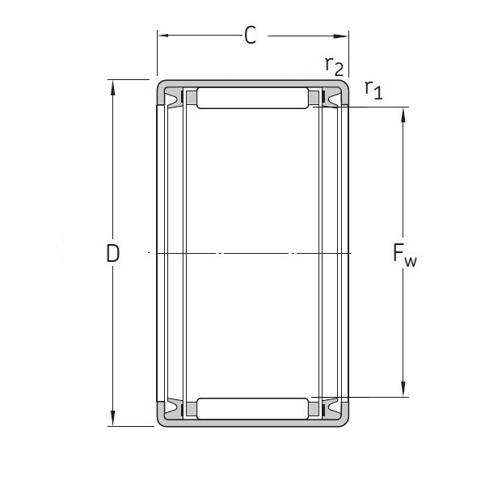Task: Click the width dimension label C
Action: click(251, 36)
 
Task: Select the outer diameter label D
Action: click(113, 253)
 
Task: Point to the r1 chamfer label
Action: click(373, 89)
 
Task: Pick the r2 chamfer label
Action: click(333, 65)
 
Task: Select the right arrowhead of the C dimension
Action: click(344, 36)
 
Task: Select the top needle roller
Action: click(252, 98)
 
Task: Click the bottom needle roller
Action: click(252, 408)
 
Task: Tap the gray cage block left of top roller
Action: click(191, 99)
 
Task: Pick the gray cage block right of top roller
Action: click(314, 99)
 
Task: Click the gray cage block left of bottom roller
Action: click(191, 409)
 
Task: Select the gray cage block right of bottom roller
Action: click(314, 409)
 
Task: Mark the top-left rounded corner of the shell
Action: click(160, 85)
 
